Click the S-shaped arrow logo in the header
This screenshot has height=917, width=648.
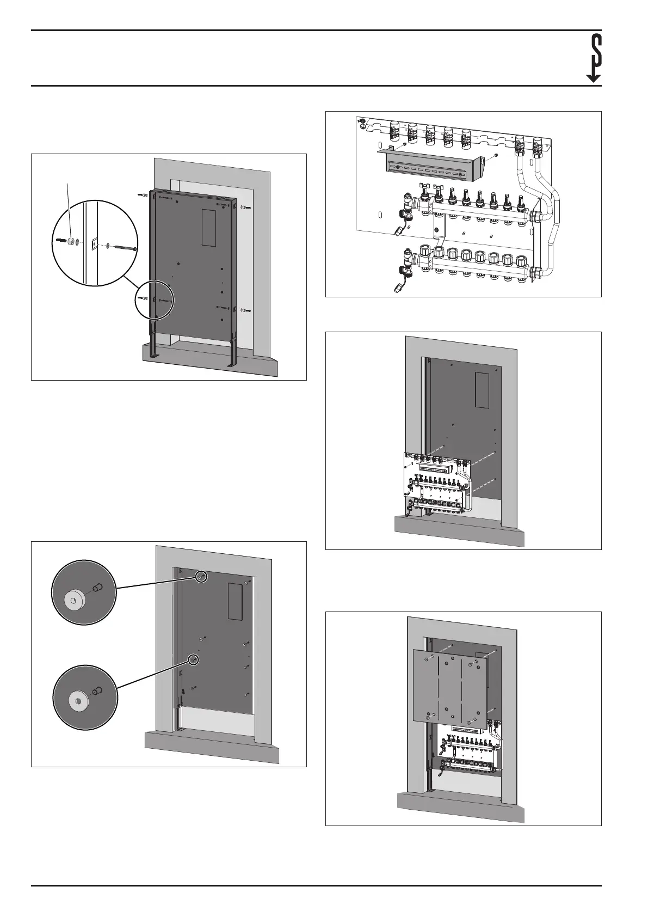click(594, 58)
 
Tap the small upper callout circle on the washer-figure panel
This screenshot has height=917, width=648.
click(201, 576)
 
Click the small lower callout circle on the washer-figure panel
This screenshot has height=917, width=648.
click(193, 659)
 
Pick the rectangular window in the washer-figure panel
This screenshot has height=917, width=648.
click(235, 601)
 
